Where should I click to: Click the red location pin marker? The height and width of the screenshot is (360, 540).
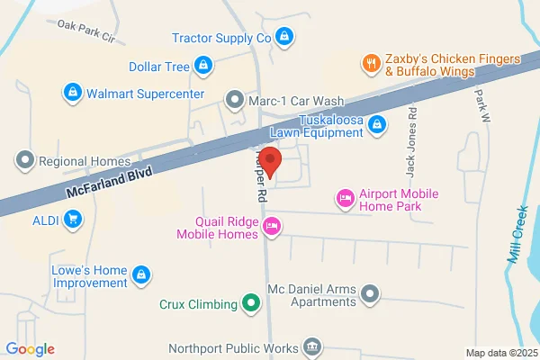click(x=274, y=164)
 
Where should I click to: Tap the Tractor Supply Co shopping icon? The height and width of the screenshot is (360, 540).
click(x=284, y=37)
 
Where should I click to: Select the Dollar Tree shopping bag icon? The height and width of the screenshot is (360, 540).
click(x=205, y=66)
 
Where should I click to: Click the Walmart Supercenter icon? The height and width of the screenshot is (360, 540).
click(x=71, y=93)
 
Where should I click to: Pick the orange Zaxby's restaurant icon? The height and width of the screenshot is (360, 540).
click(x=369, y=62)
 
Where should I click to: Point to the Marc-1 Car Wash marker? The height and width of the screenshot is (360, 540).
click(x=235, y=98)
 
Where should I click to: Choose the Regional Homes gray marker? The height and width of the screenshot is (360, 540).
click(x=24, y=161)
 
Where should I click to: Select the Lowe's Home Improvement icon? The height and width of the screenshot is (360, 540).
click(x=139, y=274)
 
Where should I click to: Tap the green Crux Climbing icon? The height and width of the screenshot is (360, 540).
click(x=252, y=304)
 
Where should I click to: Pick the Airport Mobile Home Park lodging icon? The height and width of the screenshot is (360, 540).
click(x=344, y=197)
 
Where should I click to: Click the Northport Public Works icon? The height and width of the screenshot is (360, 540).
click(x=311, y=346)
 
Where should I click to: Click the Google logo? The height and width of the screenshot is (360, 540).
click(x=30, y=348)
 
